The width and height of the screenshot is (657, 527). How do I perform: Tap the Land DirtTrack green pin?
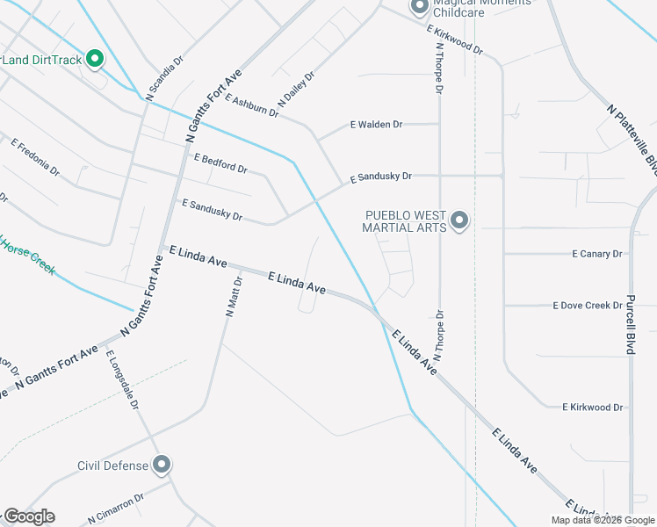coord(95,60)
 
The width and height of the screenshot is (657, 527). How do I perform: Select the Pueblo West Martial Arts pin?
coord(458,220)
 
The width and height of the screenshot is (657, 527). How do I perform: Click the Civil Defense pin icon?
coord(161,465)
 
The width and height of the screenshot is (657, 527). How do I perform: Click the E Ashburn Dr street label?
coord(251,106)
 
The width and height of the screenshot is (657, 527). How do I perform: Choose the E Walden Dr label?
coord(376,125)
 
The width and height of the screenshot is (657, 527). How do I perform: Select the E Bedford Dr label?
coord(220,162)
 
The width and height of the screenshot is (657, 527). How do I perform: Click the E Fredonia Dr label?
coord(35,155)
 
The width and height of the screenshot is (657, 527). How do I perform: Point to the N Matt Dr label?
coord(233,296)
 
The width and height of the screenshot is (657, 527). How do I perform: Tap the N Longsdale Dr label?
coord(123,380)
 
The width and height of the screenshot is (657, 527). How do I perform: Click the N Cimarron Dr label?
coord(115,510)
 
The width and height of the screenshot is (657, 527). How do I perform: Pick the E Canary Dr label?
coord(596,254)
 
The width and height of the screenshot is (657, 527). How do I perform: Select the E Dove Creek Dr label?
coord(588,306)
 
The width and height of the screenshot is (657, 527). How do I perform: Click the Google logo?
coord(29,516)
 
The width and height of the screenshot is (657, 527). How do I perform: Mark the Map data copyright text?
coord(602,520)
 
